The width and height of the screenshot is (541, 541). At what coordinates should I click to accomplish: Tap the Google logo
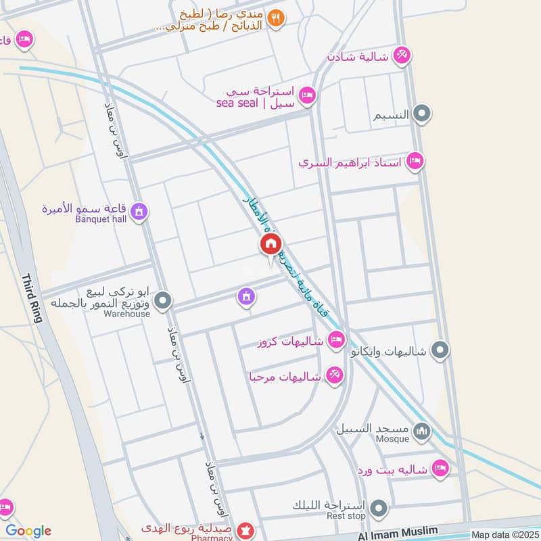[28, 531]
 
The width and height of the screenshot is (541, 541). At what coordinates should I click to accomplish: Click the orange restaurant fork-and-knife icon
[275, 18]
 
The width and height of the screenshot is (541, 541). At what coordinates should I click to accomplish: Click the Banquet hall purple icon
[139, 212]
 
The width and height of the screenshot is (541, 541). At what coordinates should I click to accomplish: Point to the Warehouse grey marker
[163, 301]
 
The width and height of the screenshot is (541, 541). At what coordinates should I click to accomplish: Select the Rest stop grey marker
[379, 507]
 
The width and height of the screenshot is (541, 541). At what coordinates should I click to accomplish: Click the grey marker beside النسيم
[423, 114]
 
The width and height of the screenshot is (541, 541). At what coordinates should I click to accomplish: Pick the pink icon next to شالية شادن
[402, 55]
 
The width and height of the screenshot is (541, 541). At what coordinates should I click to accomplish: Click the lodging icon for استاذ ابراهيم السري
[416, 161]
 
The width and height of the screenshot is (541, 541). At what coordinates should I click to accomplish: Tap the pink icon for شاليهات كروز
[335, 339]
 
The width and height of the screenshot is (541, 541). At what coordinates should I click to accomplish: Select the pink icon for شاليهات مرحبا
[334, 375]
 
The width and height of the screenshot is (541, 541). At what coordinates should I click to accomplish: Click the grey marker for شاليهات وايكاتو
[440, 350]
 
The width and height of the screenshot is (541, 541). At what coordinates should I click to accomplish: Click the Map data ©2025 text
[504, 535]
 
